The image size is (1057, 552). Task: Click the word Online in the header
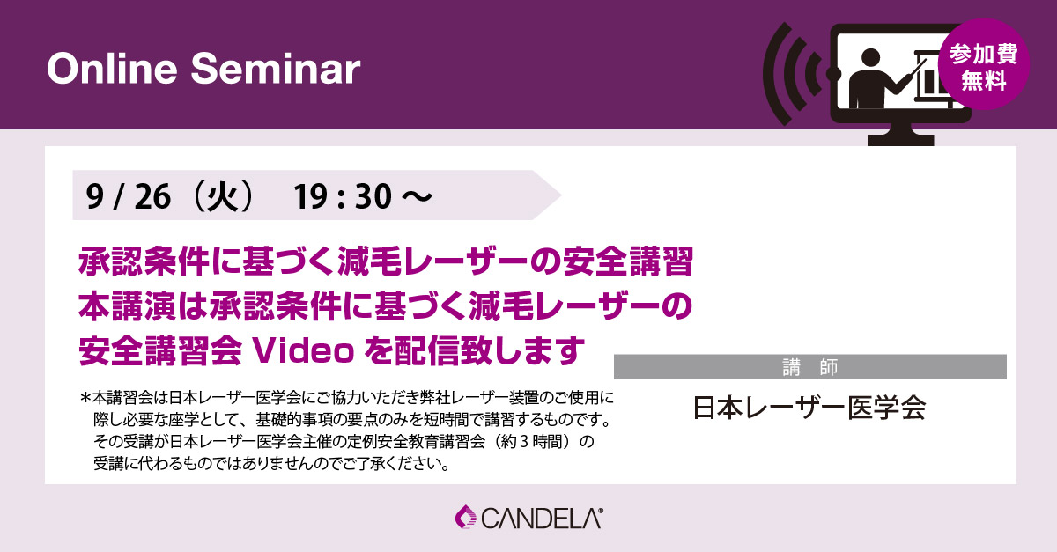[113, 70]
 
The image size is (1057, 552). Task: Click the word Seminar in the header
[276, 70]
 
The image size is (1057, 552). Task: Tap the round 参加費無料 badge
[984, 64]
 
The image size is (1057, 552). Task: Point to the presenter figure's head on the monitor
[870, 58]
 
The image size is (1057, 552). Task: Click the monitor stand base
[901, 140]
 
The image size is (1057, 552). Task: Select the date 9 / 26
[129, 196]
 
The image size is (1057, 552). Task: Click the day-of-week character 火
[222, 196]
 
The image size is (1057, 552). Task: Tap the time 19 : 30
[343, 196]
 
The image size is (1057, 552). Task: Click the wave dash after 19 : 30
[417, 196]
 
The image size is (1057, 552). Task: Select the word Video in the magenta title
[304, 351]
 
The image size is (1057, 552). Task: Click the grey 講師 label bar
[809, 366]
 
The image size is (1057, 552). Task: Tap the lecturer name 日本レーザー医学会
[809, 408]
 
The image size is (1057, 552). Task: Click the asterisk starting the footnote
[85, 399]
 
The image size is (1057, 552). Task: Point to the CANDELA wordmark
[541, 519]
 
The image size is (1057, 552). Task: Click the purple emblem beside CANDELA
[466, 517]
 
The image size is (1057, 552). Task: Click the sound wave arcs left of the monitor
[793, 74]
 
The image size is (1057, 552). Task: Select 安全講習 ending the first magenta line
[628, 261]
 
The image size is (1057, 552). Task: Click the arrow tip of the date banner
[560, 195]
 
